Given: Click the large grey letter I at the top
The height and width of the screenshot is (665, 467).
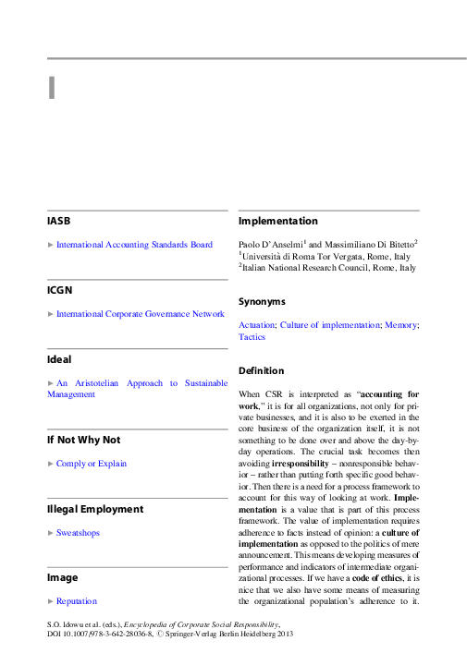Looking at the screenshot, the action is pos(52,87).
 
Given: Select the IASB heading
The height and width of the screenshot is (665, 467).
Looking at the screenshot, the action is pos(59,222).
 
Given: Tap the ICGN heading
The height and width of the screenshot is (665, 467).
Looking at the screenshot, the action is pos(60,290).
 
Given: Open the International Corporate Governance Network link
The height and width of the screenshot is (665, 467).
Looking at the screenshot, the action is pos(140,314).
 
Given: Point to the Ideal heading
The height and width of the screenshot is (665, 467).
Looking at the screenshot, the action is pos(59,358).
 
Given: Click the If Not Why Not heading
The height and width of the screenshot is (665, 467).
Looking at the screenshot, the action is pos(84,440).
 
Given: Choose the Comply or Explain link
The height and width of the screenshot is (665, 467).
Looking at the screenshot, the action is pos(92,463).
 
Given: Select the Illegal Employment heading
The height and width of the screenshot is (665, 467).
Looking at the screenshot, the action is pos(95,508).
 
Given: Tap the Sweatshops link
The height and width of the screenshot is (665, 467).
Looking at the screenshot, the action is pos(78,532).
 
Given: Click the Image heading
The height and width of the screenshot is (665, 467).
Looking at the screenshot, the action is pos(62,577).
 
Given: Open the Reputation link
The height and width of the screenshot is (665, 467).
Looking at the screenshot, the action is pos(76,600).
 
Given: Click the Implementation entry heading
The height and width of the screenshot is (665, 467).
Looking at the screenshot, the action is pos(278,221).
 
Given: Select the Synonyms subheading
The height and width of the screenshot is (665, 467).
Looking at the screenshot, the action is pos(262,302).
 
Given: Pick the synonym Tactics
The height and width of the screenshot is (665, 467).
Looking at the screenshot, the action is pos(252,337).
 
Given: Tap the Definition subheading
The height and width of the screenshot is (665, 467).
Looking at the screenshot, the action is pos(262,370).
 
